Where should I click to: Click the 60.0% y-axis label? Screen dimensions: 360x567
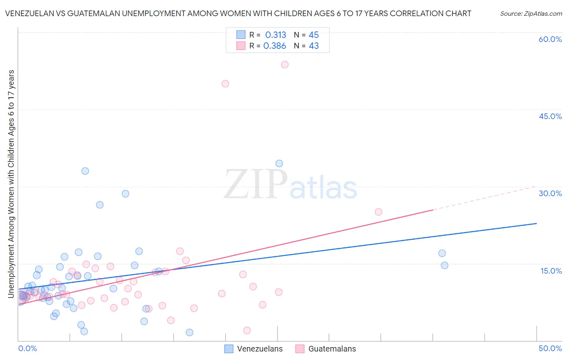tap(550, 39)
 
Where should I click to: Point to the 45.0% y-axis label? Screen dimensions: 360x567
tap(550, 116)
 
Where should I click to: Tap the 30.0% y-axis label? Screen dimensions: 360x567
tap(550, 193)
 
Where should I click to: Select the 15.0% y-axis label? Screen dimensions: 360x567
tap(551, 271)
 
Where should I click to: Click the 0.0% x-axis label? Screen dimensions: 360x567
tap(27, 348)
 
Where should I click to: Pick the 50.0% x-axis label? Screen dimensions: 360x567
tap(550, 348)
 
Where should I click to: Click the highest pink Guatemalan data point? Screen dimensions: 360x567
tap(285, 65)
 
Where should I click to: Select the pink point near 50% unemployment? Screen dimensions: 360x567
tap(225, 84)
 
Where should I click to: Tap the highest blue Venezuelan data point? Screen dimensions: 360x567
tap(279, 163)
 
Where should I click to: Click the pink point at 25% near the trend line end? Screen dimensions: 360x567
tap(378, 212)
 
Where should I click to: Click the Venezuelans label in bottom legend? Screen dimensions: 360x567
tap(260, 349)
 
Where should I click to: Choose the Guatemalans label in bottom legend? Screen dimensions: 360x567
tap(332, 349)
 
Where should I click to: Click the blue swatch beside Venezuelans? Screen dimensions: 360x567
tap(229, 349)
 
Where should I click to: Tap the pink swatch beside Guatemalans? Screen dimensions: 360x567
tap(300, 349)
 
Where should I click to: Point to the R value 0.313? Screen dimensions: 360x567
tap(275, 35)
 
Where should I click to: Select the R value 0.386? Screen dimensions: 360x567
tap(275, 46)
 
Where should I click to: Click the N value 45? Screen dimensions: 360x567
tap(313, 35)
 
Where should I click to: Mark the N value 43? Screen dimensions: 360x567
tap(313, 46)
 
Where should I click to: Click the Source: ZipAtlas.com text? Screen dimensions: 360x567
tap(531, 14)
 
